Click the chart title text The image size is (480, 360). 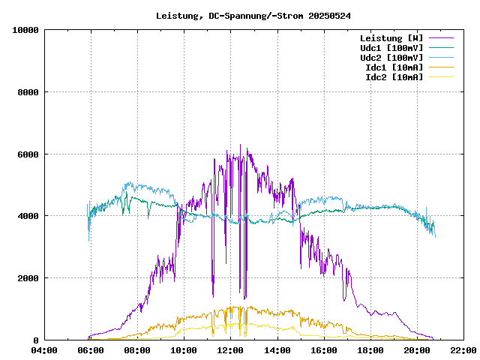point(253,15)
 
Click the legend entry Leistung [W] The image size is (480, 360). point(391,38)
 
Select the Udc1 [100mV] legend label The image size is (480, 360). point(391,48)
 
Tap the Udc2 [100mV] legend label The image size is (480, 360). point(391,58)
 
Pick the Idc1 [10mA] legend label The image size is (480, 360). point(394,67)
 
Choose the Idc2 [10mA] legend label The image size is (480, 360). point(394,77)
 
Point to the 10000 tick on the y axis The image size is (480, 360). point(25,30)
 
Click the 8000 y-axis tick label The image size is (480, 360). point(28,92)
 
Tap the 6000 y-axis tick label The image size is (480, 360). point(28,154)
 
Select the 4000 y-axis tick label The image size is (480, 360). point(28,216)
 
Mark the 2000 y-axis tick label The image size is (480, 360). point(28,278)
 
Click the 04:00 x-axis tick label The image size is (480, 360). point(44,350)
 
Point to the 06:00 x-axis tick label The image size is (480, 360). point(91,350)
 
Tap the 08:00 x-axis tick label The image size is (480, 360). point(137,350)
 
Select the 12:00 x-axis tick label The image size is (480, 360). point(230,350)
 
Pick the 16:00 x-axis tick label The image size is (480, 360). point(323,350)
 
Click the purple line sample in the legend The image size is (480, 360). point(442,38)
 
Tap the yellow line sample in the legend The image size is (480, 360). point(442,77)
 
